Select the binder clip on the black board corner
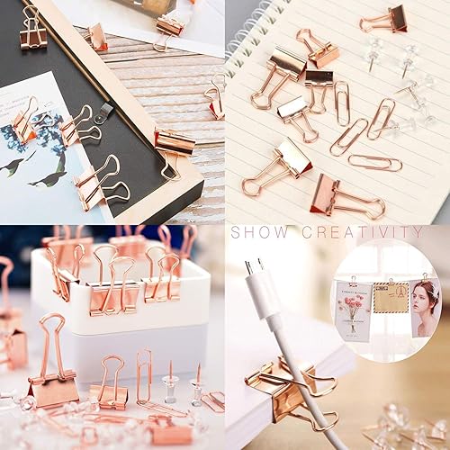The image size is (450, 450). click(x=33, y=27)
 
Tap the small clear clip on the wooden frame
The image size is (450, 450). click(x=104, y=111)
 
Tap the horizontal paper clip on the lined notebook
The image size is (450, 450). click(x=373, y=163)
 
